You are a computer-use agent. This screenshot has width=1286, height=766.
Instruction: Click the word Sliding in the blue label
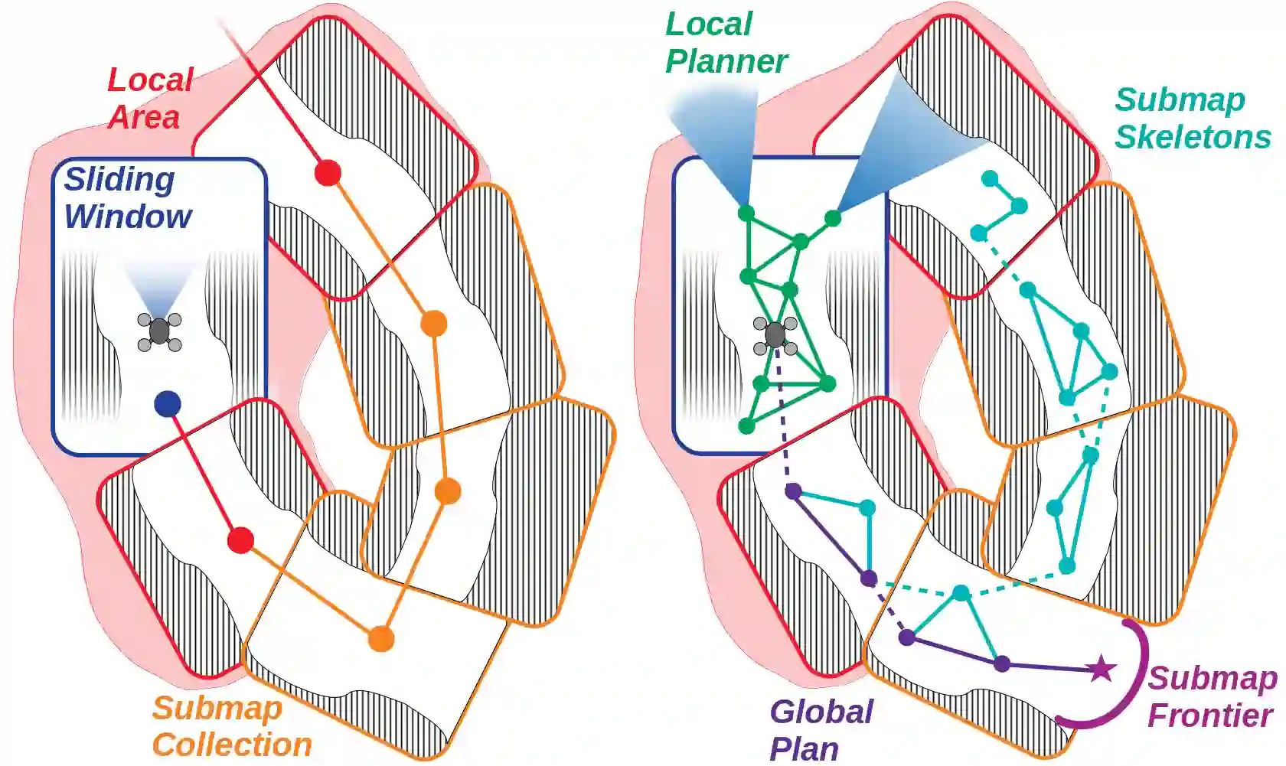pyautogui.click(x=119, y=181)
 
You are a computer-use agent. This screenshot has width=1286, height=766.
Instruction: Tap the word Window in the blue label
pyautogui.click(x=128, y=217)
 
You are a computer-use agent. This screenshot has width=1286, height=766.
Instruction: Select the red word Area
pyautogui.click(x=144, y=118)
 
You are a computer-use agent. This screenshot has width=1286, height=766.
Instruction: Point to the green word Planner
pyautogui.click(x=726, y=62)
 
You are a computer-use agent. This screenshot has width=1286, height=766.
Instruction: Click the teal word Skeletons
pyautogui.click(x=1193, y=138)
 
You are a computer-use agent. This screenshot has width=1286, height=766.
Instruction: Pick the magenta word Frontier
pyautogui.click(x=1210, y=716)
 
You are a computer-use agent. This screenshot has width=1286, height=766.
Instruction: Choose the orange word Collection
pyautogui.click(x=232, y=745)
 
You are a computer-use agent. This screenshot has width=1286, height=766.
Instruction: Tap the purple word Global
pyautogui.click(x=821, y=712)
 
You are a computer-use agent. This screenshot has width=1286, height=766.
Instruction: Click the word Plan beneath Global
pyautogui.click(x=804, y=749)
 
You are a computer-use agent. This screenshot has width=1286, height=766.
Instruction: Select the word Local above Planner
pyautogui.click(x=709, y=24)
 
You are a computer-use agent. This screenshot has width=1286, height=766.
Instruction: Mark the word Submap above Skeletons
pyautogui.click(x=1180, y=100)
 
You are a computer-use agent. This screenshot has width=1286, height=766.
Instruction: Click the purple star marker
pyautogui.click(x=1101, y=669)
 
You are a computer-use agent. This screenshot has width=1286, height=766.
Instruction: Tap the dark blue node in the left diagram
pyautogui.click(x=168, y=403)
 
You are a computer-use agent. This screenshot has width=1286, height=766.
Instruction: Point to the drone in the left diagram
pyautogui.click(x=159, y=331)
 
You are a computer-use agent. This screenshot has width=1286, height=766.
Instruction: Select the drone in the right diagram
pyautogui.click(x=775, y=335)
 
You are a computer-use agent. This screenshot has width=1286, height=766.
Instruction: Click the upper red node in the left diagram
pyautogui.click(x=328, y=173)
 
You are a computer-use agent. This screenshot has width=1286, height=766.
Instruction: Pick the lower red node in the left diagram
pyautogui.click(x=240, y=540)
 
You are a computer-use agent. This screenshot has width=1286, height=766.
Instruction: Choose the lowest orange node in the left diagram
pyautogui.click(x=380, y=638)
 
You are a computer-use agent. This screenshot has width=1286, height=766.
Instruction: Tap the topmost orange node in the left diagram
pyautogui.click(x=434, y=324)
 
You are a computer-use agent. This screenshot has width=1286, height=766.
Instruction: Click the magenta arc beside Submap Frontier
pyautogui.click(x=1139, y=673)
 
